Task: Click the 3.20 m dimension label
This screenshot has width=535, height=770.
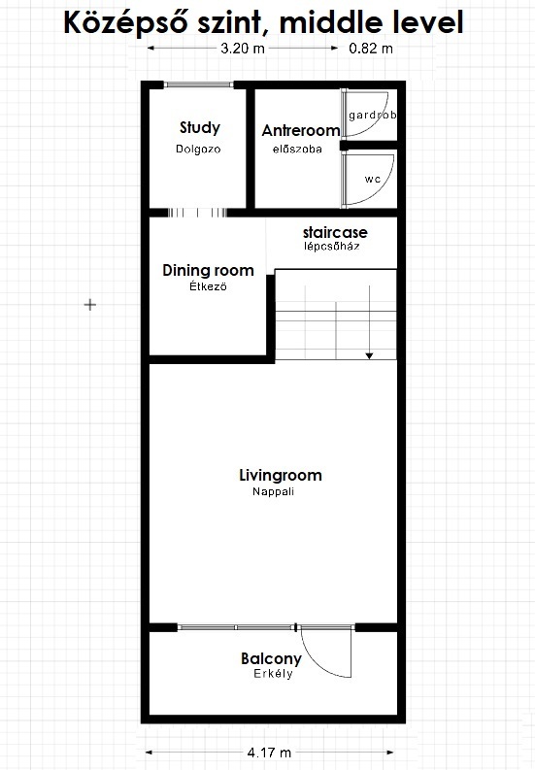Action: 243,49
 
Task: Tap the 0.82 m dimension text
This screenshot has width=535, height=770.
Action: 371,49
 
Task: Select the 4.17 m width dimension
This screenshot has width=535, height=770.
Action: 269,752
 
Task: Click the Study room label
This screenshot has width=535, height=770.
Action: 200,127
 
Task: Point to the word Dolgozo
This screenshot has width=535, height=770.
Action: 198,149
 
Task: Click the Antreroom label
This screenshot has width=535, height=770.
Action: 301,131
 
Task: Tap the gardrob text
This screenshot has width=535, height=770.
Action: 373,115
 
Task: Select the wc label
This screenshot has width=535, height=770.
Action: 373,180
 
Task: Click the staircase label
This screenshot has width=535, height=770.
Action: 335,232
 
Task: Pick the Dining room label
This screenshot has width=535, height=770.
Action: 209,270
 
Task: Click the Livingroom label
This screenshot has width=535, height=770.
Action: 281,476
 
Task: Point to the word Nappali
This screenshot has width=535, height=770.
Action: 273,491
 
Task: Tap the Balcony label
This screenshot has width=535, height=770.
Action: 271,658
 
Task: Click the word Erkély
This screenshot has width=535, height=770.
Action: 273,674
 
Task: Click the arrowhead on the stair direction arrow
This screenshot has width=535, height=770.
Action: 369,355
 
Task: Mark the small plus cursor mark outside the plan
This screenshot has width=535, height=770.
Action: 90,305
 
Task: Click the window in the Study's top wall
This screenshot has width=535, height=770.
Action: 198,84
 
